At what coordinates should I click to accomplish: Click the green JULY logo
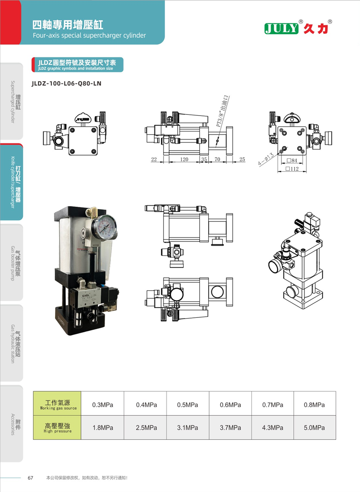tap(281, 29)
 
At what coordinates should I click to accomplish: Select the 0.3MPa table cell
tap(103, 405)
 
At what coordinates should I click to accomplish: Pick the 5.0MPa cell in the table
tap(314, 428)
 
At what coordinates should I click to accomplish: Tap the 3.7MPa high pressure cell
tap(230, 428)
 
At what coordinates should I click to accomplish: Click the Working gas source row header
tap(57, 405)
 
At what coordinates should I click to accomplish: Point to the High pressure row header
tap(57, 428)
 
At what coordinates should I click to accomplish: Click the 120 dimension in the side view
tap(184, 159)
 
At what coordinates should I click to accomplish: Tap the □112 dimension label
tap(292, 169)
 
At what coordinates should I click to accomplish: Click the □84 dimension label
tap(292, 160)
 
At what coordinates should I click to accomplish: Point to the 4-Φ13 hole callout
tap(266, 159)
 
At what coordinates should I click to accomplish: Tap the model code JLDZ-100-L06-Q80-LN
tap(66, 83)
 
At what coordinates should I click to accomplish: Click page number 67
tap(30, 478)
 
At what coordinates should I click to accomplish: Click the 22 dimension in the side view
tap(154, 159)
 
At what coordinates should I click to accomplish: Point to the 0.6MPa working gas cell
tap(230, 405)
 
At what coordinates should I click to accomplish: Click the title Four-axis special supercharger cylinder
tap(89, 35)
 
